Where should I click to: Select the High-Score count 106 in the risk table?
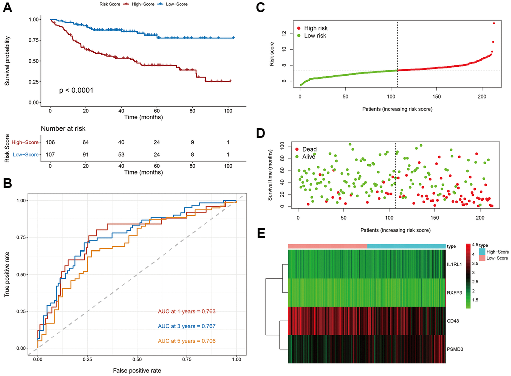click(50, 142)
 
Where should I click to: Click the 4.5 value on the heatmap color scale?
click(474, 245)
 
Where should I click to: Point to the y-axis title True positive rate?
click(9, 275)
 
